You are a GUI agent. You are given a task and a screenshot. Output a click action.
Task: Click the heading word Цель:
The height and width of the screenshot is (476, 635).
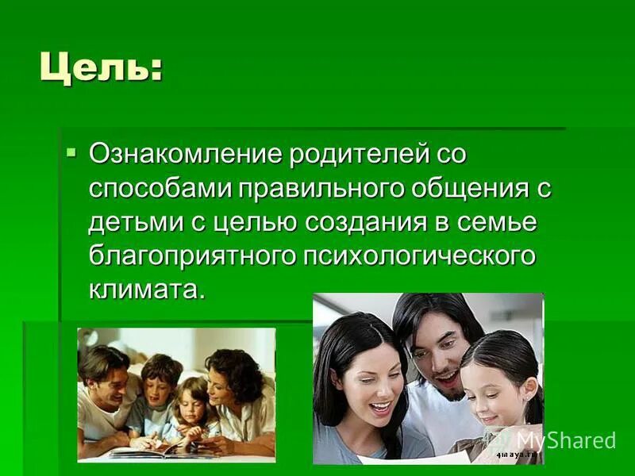(x=101, y=67)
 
